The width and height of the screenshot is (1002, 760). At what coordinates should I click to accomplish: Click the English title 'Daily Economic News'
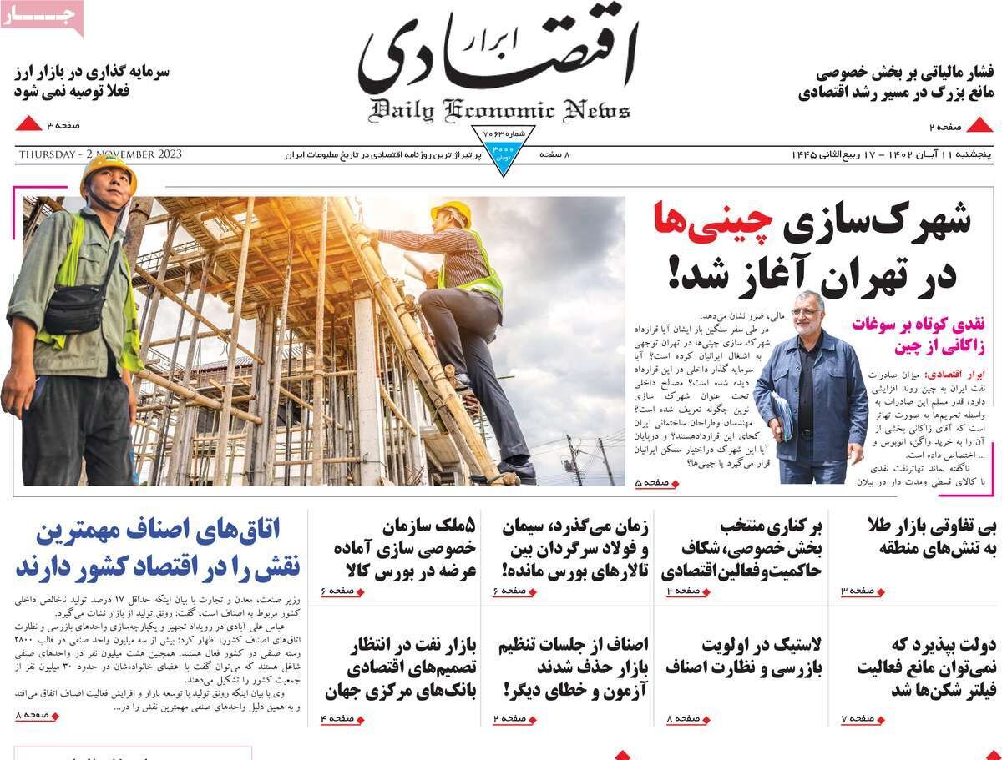(x=499, y=110)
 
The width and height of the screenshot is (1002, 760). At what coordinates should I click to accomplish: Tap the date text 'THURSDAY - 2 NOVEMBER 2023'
(x=100, y=154)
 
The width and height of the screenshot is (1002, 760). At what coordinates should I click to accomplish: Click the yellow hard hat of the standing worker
(x=108, y=167)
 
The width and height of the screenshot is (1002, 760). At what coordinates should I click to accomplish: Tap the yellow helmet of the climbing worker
(x=452, y=211)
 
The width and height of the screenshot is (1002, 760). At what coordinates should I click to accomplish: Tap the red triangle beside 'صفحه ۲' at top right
(x=979, y=126)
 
